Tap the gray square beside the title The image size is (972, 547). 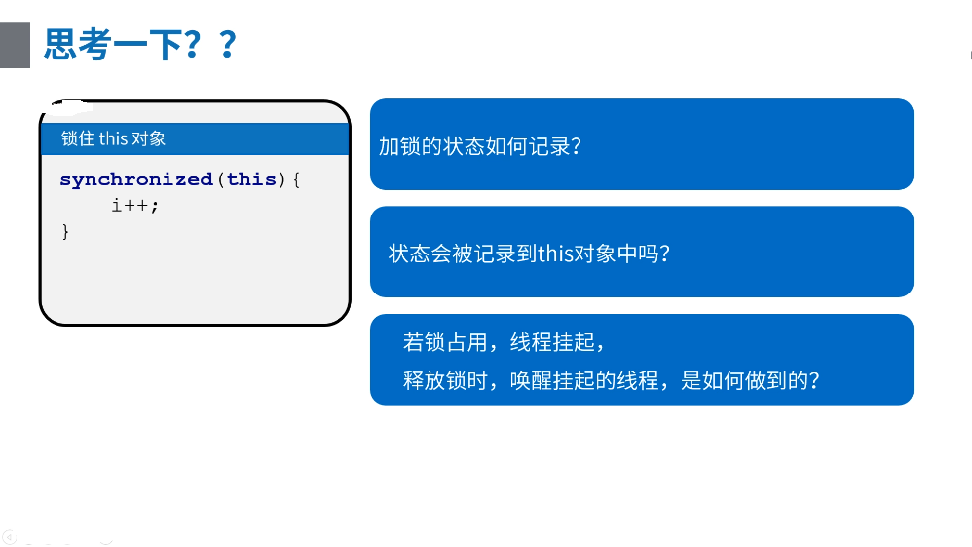coord(15,45)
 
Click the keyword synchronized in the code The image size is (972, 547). coord(136,180)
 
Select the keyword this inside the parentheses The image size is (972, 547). coord(251,179)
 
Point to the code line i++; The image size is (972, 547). coord(135,205)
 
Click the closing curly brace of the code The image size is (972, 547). coord(65,232)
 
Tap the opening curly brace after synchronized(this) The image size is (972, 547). coord(296,180)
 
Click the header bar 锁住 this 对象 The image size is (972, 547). coord(195,138)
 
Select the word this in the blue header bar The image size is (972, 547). coord(113,138)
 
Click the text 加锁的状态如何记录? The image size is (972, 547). coord(480,146)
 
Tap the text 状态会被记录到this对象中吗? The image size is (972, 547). coord(530,254)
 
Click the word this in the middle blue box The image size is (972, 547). coord(555,254)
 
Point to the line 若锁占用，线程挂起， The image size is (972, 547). coord(504,342)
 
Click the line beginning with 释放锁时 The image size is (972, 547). coord(612,380)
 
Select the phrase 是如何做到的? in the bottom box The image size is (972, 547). coord(750,380)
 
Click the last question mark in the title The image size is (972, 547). coord(228,45)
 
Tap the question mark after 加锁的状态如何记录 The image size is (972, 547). coord(576,146)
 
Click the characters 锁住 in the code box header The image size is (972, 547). coord(78,138)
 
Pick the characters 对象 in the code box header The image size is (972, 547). coord(149,138)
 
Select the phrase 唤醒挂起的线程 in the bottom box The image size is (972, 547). coord(584,380)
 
